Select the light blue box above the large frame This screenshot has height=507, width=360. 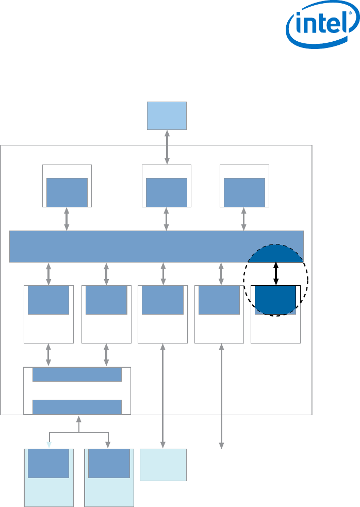[x=167, y=116]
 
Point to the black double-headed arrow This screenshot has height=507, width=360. [x=276, y=274]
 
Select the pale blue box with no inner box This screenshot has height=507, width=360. [x=163, y=465]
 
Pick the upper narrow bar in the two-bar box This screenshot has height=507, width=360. [x=77, y=375]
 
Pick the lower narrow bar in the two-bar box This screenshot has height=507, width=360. [x=77, y=407]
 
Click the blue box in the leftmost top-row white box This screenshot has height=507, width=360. [x=67, y=192]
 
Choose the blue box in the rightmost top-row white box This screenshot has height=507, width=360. [x=244, y=192]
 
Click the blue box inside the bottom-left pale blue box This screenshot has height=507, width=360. [x=48, y=464]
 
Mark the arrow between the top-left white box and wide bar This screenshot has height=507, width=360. [x=67, y=219]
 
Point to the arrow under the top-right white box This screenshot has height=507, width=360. [x=244, y=219]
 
